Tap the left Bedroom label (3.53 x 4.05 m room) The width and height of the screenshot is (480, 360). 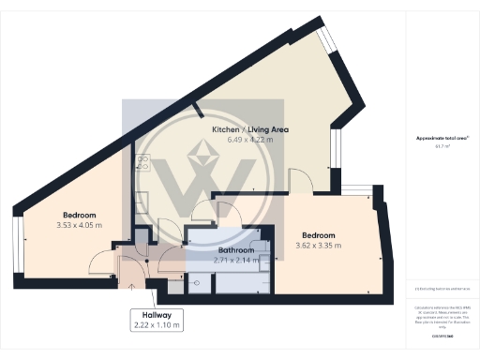80,215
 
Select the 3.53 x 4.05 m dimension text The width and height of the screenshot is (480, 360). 81,226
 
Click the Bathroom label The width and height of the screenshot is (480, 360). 236,250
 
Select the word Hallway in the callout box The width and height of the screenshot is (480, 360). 155,314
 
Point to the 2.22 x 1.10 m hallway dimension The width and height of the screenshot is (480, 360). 156,325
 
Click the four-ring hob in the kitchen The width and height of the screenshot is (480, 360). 143,161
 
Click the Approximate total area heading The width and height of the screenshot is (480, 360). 442,137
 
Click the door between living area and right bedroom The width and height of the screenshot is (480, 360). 301,178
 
